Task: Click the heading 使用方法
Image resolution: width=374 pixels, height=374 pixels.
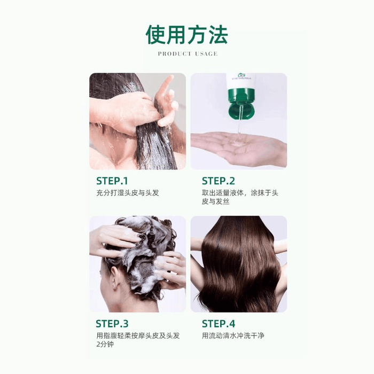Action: (x=187, y=34)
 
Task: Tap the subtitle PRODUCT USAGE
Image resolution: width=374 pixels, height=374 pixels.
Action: (x=188, y=54)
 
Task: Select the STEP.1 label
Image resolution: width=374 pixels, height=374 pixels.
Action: (x=112, y=181)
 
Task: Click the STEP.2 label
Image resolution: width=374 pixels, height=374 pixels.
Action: (x=219, y=181)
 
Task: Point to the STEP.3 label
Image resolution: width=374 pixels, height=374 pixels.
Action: (x=112, y=323)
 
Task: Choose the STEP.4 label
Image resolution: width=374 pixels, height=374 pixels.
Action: (x=219, y=323)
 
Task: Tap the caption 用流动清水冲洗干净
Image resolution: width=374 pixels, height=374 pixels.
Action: (x=233, y=336)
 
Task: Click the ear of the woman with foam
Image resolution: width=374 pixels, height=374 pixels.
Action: (x=114, y=278)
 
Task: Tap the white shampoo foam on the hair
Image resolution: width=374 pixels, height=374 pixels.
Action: (x=139, y=256)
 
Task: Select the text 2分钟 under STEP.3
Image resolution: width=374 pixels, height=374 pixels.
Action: (x=105, y=345)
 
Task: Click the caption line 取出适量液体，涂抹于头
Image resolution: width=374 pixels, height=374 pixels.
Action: (x=240, y=192)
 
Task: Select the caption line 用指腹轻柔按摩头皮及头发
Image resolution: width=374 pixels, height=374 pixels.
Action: (x=138, y=336)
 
